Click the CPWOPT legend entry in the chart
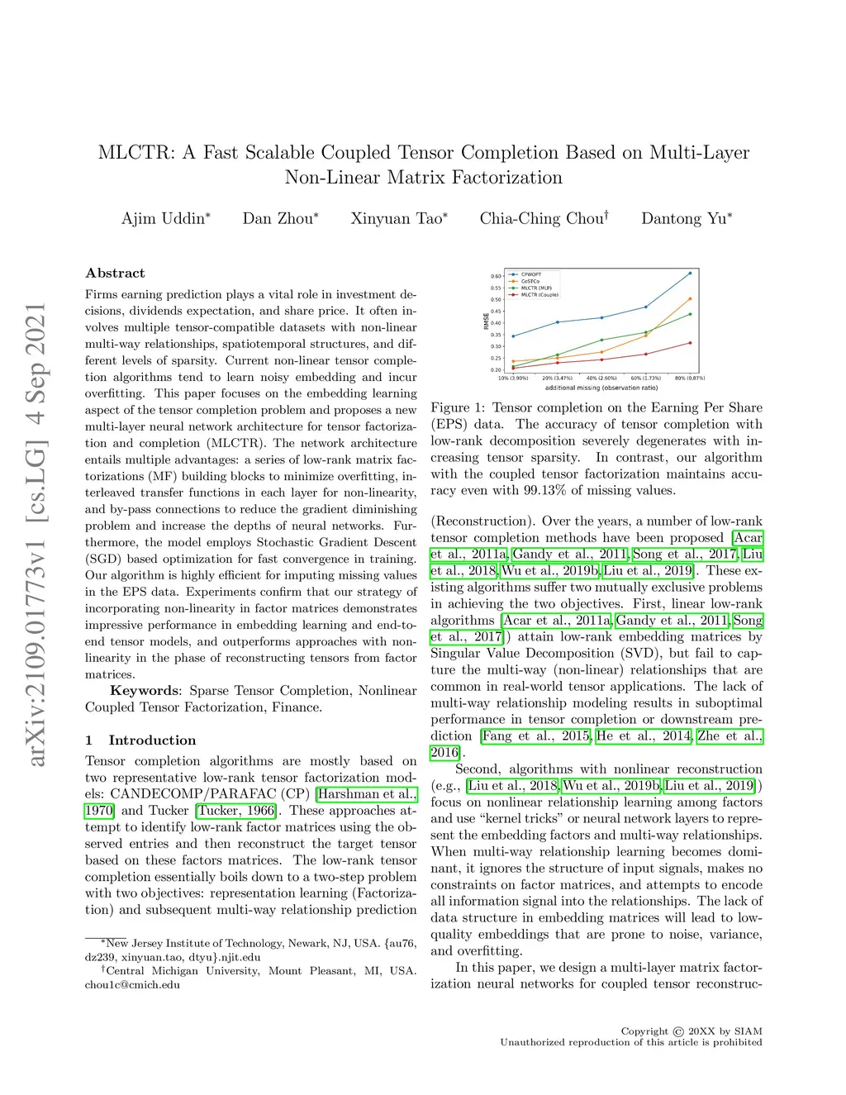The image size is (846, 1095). [530, 274]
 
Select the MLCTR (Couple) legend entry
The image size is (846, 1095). [539, 295]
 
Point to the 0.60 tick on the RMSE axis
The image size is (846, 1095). [496, 276]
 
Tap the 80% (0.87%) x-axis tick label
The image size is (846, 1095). [690, 378]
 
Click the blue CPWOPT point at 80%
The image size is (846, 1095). [690, 273]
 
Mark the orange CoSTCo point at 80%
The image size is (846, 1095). [690, 299]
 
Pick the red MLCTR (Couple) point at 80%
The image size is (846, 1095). [690, 342]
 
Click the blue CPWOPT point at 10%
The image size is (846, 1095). [513, 336]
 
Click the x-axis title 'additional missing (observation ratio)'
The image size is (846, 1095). [601, 388]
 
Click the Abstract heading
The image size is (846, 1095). [115, 274]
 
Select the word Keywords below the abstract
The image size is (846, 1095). [145, 691]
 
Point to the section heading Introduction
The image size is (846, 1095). [152, 740]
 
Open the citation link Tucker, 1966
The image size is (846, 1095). [236, 811]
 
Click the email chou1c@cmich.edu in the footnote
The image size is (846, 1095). [132, 985]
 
